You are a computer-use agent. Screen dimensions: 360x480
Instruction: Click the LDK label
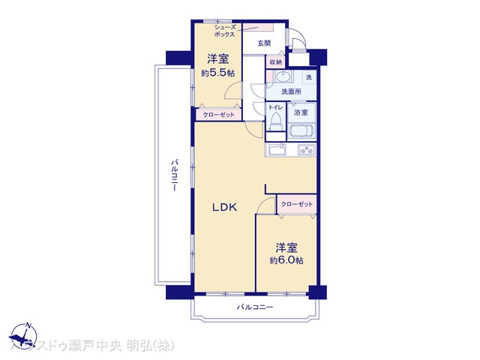[x=224, y=208]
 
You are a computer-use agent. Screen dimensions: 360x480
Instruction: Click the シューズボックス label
[x=223, y=30]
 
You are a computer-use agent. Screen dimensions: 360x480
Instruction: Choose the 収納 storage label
[x=275, y=62]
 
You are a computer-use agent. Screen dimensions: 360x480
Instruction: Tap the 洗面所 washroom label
[x=291, y=91]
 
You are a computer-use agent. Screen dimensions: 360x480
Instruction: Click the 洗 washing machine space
[x=308, y=77]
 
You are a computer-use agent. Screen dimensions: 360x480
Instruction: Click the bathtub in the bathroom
[x=300, y=132]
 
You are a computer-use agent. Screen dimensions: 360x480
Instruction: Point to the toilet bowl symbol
[x=274, y=121]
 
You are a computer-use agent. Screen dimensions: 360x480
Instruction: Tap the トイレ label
[x=274, y=108]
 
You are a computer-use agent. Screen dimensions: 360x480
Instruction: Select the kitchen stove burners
[x=307, y=150]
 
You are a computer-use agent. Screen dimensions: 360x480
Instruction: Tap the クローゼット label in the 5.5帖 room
[x=218, y=115]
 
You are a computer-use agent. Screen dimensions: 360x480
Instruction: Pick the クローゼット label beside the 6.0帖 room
[x=297, y=204]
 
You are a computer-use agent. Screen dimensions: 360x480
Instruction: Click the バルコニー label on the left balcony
[x=174, y=175]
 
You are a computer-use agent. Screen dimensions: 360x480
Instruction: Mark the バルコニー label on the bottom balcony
[x=256, y=308]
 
